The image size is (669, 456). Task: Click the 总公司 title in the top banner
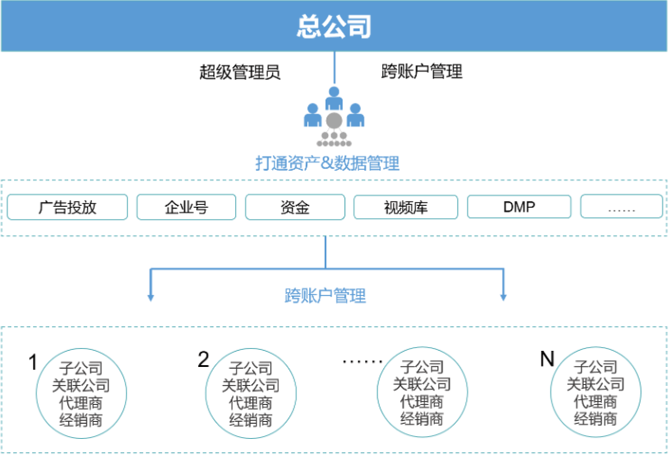coord(333,26)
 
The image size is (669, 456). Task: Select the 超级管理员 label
coord(239,72)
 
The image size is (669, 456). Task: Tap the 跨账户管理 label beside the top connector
coord(421,72)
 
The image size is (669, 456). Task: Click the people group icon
coord(333,118)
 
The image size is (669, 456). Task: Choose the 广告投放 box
coord(67,207)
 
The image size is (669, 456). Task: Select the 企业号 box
coord(186,207)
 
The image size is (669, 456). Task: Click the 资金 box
coord(295,207)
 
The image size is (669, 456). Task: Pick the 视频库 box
coord(405,207)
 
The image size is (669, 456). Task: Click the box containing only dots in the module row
coord(621,207)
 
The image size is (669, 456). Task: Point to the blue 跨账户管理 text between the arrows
coord(325,296)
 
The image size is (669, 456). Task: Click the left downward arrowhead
coord(149,298)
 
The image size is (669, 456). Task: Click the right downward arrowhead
coord(504,298)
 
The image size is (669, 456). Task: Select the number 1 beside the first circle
coord(32,362)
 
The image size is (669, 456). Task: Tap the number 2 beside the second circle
coord(203,359)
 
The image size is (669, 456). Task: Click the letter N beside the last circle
coord(547,358)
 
